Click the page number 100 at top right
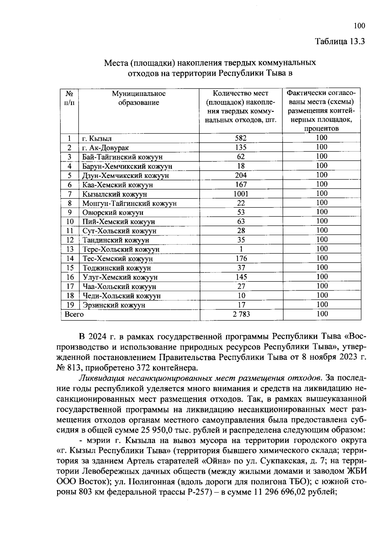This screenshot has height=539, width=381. click(359, 26)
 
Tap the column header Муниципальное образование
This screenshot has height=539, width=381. click(139, 98)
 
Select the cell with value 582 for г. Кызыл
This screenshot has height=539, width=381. click(241, 138)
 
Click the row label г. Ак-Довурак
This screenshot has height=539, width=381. click(105, 148)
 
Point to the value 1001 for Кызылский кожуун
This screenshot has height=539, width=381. click(241, 194)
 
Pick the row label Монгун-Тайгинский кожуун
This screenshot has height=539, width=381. click(129, 203)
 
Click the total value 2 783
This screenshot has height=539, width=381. click(241, 314)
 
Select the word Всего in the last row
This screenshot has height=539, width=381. click(74, 314)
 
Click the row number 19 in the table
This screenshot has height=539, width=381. click(70, 305)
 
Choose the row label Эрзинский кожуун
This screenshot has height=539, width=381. click(114, 305)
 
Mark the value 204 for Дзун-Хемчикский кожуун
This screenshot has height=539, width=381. click(241, 175)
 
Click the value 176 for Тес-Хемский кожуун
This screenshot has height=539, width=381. click(241, 259)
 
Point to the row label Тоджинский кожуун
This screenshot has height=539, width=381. click(117, 268)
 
